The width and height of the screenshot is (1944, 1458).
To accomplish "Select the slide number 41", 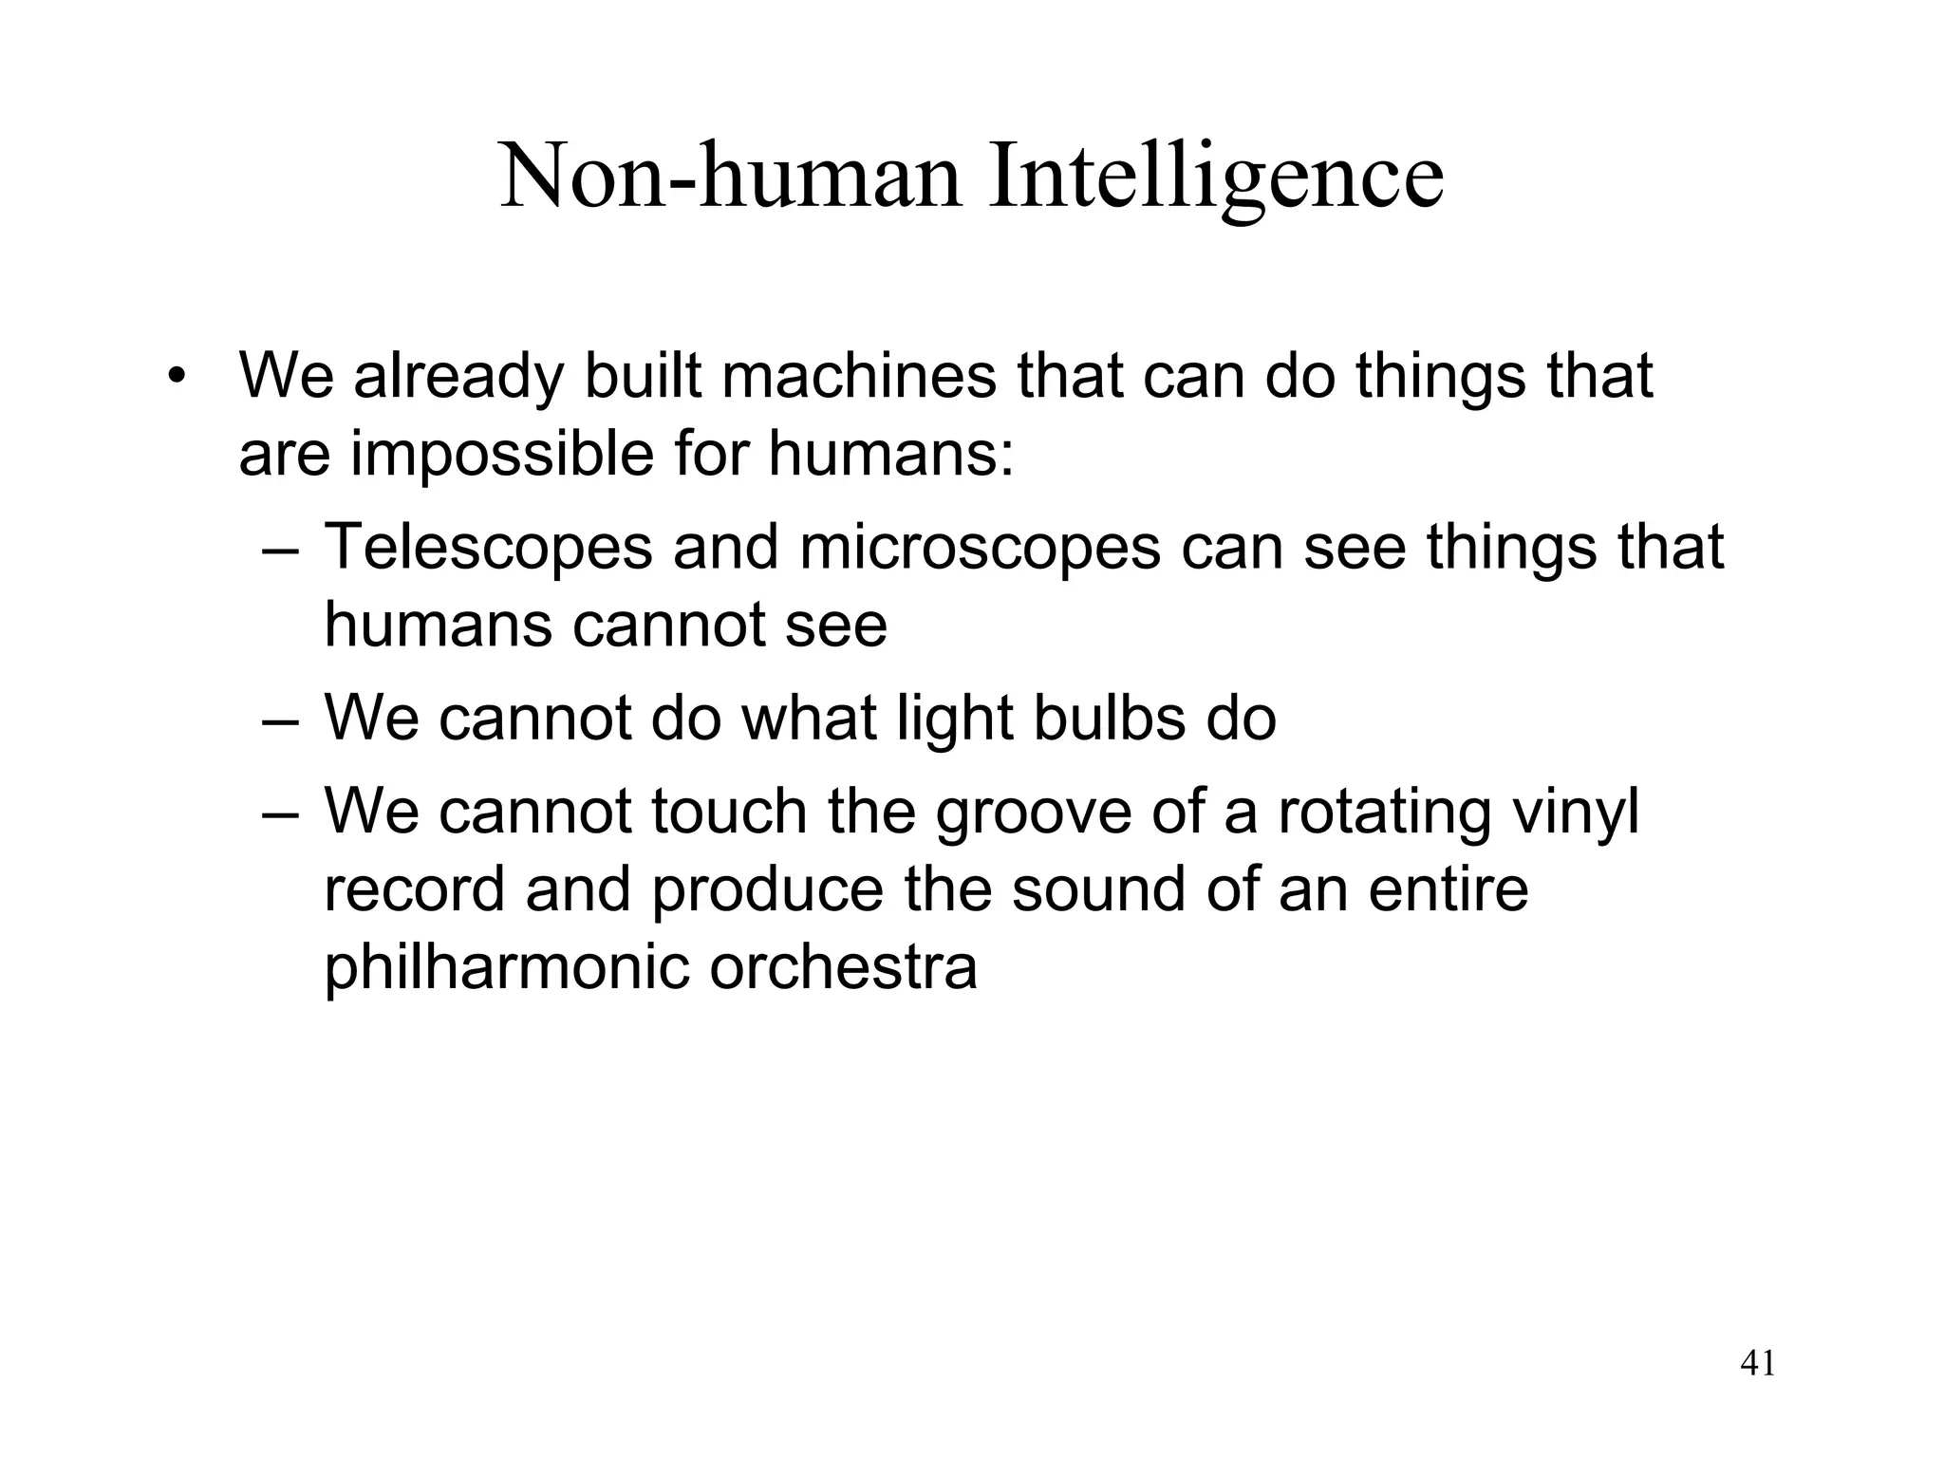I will [x=1758, y=1364].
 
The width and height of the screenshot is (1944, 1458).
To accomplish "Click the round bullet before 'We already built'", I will [x=174, y=378].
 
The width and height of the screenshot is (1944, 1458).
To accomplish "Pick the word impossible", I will [x=502, y=454].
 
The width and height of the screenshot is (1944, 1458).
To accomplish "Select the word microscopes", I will [x=980, y=548].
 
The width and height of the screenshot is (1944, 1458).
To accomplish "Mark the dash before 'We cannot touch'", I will [x=281, y=814].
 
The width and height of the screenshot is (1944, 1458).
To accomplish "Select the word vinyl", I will [x=1585, y=814].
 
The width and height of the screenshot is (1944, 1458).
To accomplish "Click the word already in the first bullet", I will [x=458, y=378].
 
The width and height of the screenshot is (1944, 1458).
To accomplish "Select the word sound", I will [x=1098, y=890].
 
